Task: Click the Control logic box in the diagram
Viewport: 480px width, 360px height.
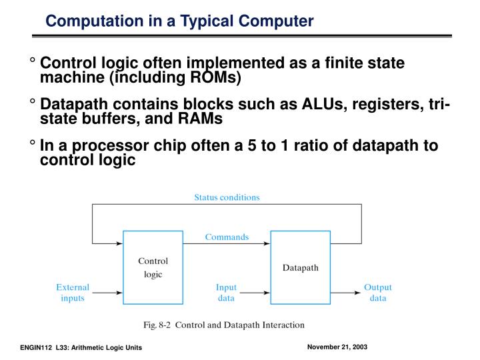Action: [153, 267]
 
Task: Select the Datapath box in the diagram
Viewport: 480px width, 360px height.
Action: [301, 267]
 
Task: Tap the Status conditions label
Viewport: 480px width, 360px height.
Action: [227, 197]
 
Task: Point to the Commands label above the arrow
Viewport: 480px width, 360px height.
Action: [227, 237]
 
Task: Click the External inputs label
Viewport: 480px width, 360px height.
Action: [73, 293]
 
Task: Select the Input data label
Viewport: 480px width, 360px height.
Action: [226, 293]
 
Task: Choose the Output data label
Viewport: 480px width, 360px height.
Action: [377, 293]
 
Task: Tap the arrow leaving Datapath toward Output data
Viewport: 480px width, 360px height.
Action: [345, 292]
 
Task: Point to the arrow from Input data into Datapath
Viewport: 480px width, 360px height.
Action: [256, 292]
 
